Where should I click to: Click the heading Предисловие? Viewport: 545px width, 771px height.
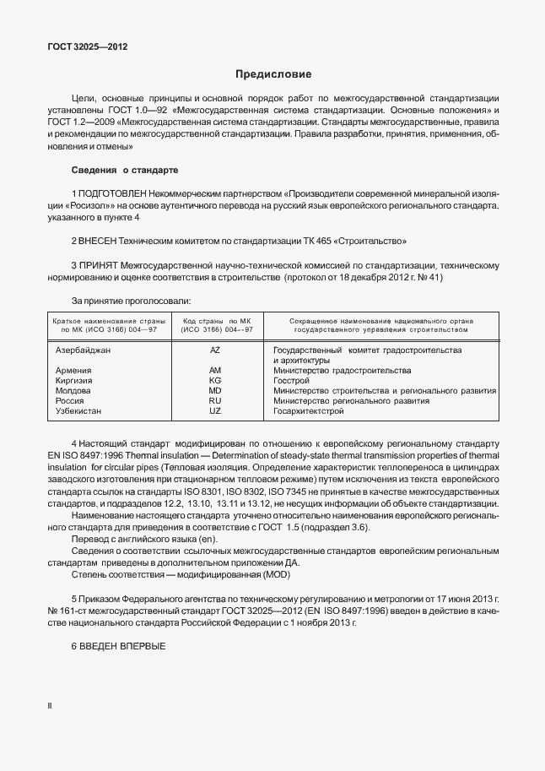[x=272, y=74]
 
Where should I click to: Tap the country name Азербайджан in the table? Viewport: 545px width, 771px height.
[x=83, y=350]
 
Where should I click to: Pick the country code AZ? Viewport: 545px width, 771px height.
[x=214, y=350]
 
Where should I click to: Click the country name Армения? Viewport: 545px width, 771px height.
[x=73, y=371]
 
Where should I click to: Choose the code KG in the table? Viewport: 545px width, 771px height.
[x=214, y=381]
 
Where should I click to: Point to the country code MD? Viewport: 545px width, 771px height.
[x=214, y=391]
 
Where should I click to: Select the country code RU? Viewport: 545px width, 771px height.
[x=214, y=401]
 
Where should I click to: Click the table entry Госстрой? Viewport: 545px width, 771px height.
[x=291, y=381]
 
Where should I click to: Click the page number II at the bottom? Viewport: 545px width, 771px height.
[x=50, y=704]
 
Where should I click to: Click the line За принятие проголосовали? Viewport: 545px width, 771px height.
[x=131, y=301]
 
